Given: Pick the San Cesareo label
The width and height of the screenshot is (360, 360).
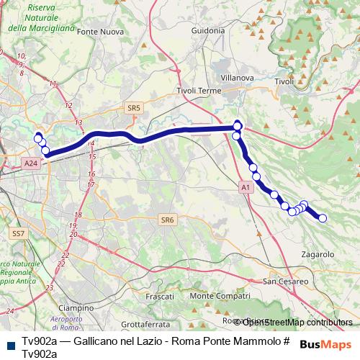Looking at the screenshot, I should (286, 281).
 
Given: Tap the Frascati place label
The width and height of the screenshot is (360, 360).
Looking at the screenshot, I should (160, 297).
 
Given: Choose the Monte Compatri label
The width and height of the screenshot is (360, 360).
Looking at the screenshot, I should (215, 296).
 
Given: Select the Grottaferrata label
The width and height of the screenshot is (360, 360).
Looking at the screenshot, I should (144, 324).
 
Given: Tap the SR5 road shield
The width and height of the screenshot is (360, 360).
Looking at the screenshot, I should (133, 108).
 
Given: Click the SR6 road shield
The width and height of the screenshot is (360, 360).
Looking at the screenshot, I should (168, 220).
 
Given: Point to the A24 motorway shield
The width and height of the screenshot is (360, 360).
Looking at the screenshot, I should (30, 163).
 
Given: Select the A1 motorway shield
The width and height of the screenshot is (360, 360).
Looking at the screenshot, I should (245, 187).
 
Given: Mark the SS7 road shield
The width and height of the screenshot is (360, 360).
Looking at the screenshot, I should (18, 234).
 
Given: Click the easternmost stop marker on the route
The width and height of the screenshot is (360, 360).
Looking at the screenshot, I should (323, 218).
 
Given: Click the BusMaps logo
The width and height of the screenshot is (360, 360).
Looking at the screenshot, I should (325, 345).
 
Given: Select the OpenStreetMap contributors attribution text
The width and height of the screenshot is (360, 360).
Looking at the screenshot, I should (297, 322).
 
